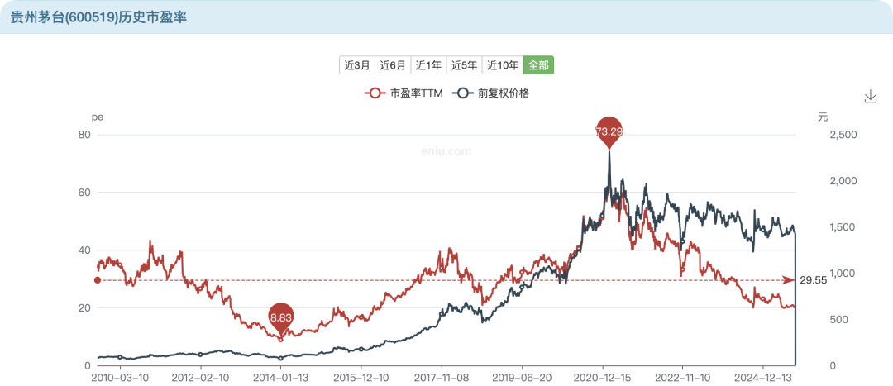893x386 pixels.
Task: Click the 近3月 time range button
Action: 356,65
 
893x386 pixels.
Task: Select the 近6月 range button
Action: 393,65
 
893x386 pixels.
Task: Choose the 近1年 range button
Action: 428,65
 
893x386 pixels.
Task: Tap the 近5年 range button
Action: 464,65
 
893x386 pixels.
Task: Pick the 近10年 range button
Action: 503,65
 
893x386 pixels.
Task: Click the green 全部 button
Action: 538,65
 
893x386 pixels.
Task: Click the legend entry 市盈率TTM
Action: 404,93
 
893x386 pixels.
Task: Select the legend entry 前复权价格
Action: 494,93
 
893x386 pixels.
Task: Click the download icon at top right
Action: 870,97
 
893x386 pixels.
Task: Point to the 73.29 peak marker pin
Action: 609,131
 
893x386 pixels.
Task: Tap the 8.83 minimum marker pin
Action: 281,317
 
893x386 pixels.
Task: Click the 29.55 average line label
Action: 814,281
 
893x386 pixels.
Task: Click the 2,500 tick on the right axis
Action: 843,135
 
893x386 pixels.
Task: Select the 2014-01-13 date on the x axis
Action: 281,378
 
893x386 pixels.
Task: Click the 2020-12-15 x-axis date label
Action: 603,378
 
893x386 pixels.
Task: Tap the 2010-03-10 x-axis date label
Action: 120,378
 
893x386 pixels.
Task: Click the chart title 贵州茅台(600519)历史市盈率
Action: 98,17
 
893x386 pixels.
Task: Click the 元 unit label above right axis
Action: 823,117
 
